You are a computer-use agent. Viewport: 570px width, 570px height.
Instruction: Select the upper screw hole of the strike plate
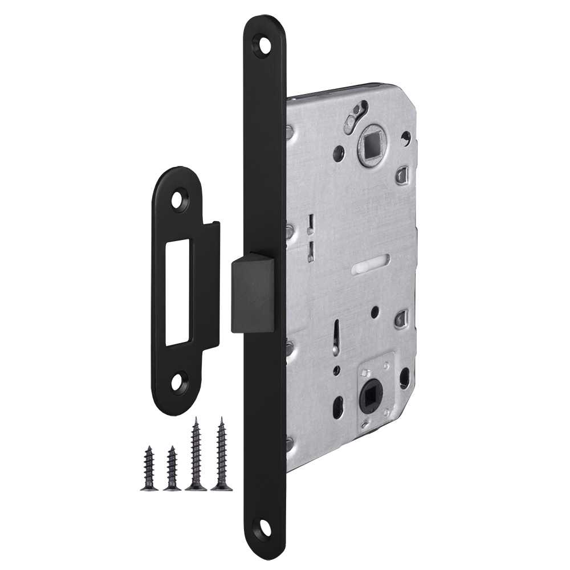pos(180,201)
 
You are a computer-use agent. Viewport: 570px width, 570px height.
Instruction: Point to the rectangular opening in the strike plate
pos(178,292)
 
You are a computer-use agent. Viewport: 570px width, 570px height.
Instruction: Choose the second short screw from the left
pos(172,469)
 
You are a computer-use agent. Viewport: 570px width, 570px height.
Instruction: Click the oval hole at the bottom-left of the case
pos(337,406)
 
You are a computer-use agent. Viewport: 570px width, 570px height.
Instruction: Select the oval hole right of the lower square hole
pos(404,377)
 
